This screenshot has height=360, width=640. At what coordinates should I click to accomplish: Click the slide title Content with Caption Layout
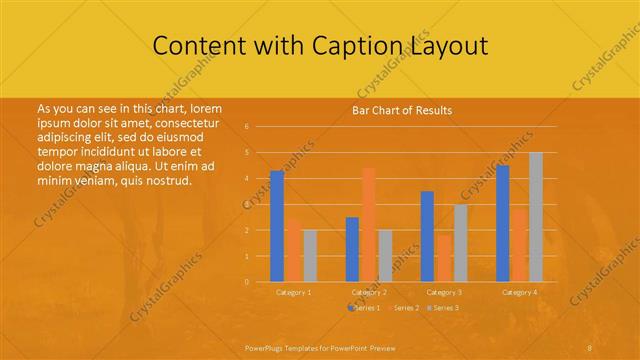coord(320,46)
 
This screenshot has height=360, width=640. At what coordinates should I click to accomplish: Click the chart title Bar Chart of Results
coord(401,110)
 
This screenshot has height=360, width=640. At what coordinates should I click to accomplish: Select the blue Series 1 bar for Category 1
coord(277,226)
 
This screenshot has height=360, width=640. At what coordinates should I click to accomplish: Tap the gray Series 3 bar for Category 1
coord(310,255)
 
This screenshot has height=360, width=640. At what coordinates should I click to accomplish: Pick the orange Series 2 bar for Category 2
coord(369,224)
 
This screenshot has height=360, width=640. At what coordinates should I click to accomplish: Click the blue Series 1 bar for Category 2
coord(352,249)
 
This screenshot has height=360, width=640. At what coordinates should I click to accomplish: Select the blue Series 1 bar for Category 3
coord(427,236)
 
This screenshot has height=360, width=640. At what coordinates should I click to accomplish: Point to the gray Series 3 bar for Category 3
coord(460,243)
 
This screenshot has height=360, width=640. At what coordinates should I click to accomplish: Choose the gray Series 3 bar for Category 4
coord(535,217)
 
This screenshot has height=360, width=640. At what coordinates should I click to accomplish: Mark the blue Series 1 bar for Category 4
coord(502,223)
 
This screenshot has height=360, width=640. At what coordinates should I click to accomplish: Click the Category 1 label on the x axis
coord(293,292)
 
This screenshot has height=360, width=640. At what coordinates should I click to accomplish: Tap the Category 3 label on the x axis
coord(444,292)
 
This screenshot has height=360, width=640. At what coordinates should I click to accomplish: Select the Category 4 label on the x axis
coord(519,292)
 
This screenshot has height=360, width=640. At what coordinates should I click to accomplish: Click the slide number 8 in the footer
coord(590,346)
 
